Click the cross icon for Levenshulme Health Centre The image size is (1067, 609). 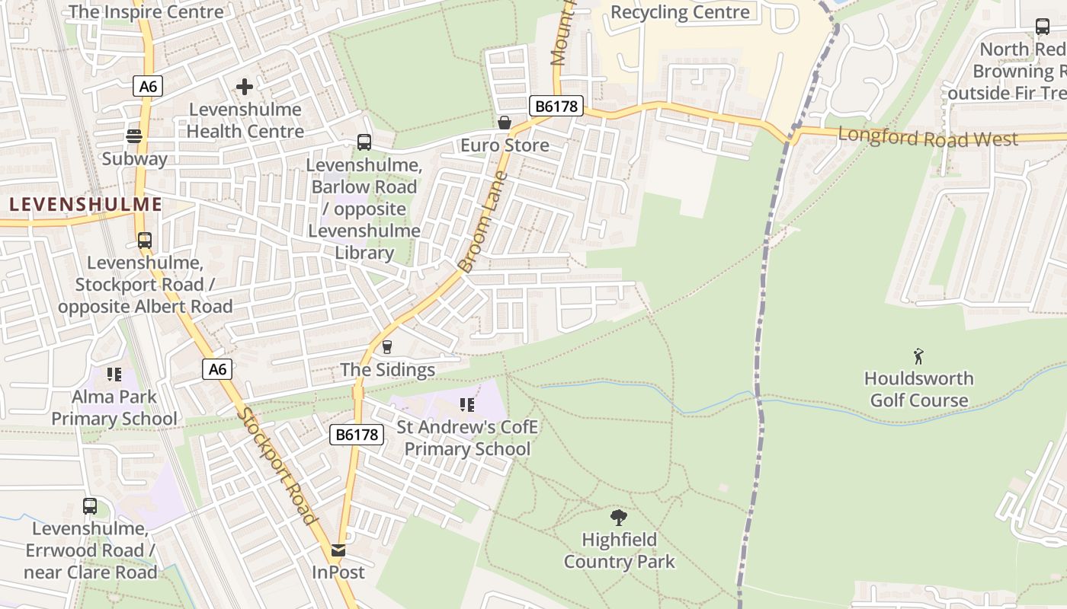pos(244,87)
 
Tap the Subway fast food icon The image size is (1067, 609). pos(134,136)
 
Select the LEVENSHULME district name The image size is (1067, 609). pos(86,204)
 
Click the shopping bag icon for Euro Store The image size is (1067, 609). pos(504,123)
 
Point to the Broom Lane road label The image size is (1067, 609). pos(482,222)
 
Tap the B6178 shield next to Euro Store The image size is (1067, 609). pos(556,107)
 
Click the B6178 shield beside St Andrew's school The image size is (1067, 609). pos(357,435)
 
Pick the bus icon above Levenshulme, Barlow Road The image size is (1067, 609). pos(364,142)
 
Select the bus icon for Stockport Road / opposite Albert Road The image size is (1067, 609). pos(145,241)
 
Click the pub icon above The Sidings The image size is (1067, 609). pos(387,347)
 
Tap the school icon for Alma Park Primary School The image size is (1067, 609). pos(114,374)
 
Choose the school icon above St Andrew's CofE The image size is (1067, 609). pos(466,405)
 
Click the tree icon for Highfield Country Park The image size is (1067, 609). pos(619,518)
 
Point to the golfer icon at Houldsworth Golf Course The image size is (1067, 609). pos(918,356)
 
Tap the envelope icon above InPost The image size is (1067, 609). pos(338,550)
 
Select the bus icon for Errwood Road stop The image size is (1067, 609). pos(90,505)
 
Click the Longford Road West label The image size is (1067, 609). pos(928,139)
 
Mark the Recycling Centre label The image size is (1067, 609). pos(680,12)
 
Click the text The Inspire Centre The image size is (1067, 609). pos(146,11)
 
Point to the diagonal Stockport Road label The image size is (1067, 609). pos(276,466)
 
